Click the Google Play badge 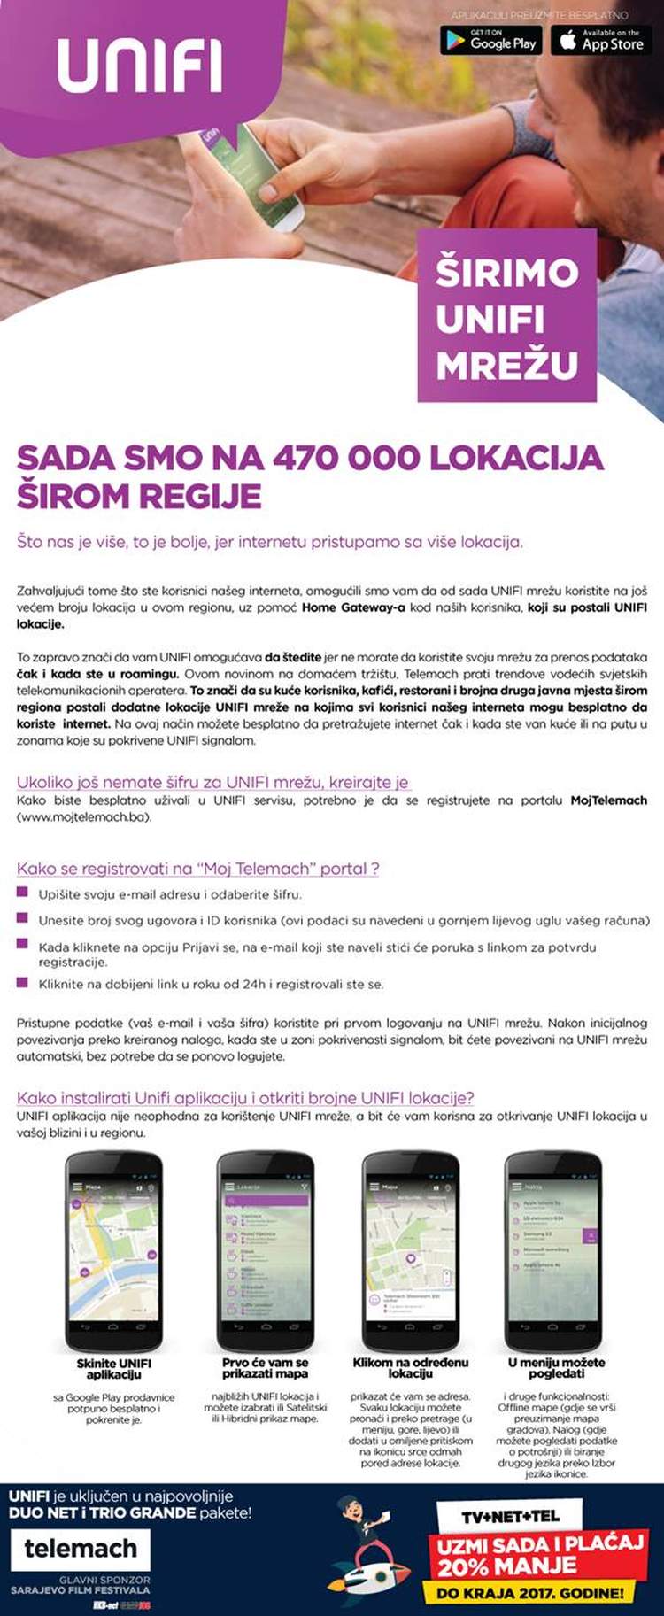(491, 41)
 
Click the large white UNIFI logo (139, 66)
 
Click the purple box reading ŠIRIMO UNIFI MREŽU (506, 317)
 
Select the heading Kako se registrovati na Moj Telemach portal (197, 869)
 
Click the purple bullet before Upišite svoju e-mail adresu (23, 893)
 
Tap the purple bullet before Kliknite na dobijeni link (23, 982)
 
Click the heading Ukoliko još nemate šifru (212, 782)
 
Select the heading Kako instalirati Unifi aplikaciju (245, 1098)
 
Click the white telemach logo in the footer (81, 1549)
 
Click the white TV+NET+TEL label (510, 1517)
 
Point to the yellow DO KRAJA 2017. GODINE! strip (530, 1593)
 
